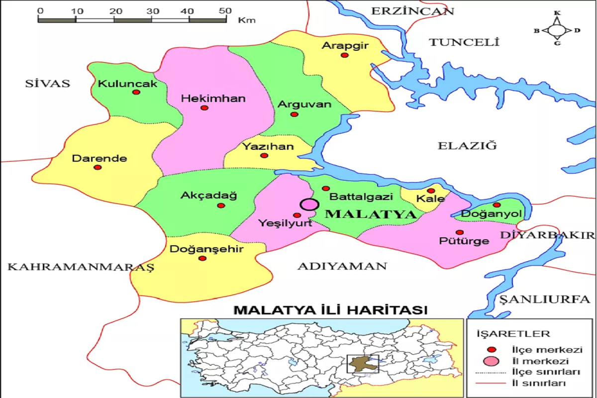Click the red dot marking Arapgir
344,55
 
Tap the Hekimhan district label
213,99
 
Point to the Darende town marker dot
98,167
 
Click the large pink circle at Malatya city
309,204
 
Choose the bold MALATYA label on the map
370,215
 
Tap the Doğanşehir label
206,249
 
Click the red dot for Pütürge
459,232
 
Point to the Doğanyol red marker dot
497,205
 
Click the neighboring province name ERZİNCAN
413,11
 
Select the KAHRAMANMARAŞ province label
81,267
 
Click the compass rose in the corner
557,30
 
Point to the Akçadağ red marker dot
221,205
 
